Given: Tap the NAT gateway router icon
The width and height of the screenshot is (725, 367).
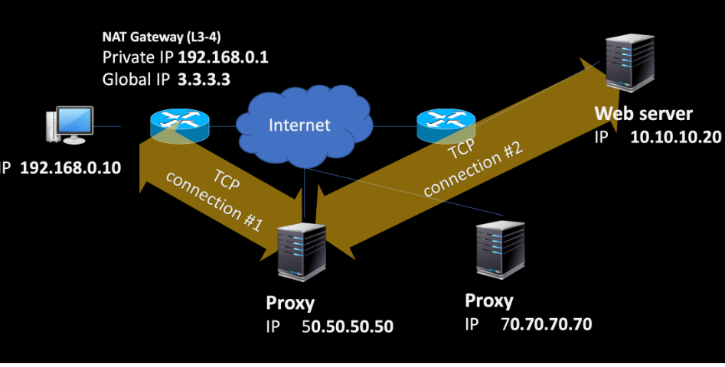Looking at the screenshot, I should [179, 125].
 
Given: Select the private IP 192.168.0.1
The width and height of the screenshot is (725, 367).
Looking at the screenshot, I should [223, 57].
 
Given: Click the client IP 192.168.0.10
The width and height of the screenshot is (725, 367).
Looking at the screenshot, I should [70, 168].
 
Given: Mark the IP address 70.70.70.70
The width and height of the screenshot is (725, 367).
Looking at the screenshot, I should [546, 324].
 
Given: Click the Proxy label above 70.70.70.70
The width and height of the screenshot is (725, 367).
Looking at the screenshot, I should [488, 300].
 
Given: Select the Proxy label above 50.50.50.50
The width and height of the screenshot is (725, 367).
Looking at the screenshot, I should [290, 303].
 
